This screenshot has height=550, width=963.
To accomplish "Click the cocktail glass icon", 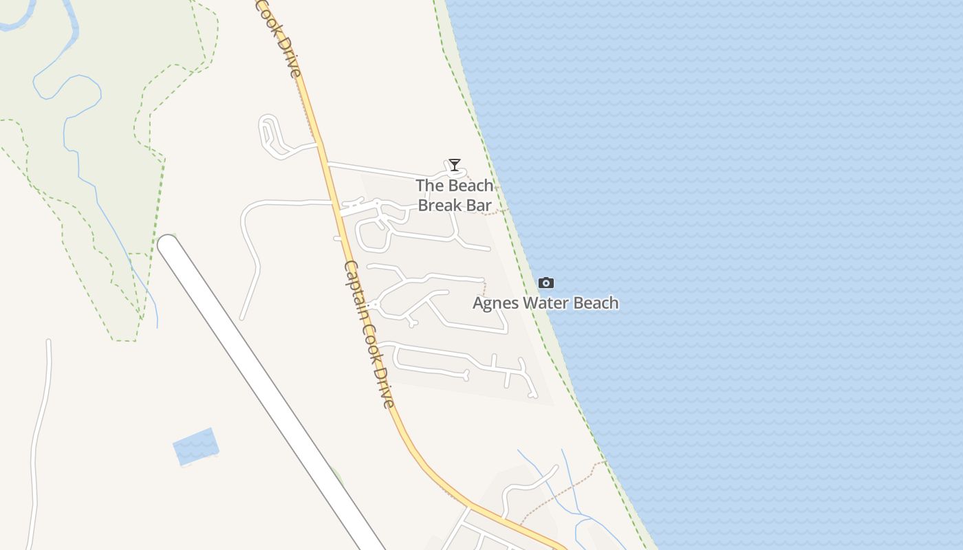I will click(454, 164).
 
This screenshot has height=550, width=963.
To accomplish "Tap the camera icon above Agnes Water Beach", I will click(546, 283).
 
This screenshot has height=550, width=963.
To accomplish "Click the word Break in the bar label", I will click(441, 205).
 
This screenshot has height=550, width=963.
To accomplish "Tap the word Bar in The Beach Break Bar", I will click(479, 205).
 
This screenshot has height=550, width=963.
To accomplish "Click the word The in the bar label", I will click(429, 186).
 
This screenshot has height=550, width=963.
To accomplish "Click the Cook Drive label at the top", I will click(279, 38).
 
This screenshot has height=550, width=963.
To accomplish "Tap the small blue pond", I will click(195, 445).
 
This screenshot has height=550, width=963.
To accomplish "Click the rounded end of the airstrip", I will click(169, 246).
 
